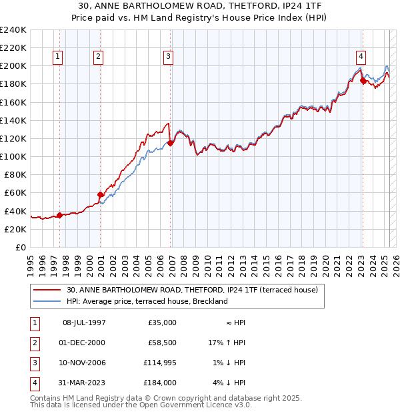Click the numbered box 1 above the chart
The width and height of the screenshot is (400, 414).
tap(59, 57)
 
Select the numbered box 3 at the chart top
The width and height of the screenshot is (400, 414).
tap(168, 57)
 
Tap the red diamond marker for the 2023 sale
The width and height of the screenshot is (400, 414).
tap(363, 81)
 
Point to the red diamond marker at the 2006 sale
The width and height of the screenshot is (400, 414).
tap(171, 143)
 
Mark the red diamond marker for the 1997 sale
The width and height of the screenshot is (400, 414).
tap(59, 215)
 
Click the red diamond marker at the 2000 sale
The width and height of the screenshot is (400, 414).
tap(100, 194)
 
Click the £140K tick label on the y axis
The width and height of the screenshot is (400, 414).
tap(14, 120)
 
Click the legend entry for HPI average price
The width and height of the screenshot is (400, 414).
tap(147, 301)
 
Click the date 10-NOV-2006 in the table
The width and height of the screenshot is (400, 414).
tap(83, 363)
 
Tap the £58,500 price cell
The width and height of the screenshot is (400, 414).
tap(161, 343)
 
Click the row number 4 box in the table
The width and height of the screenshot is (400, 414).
tap(33, 383)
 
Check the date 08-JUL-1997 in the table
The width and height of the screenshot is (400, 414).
tap(84, 323)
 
